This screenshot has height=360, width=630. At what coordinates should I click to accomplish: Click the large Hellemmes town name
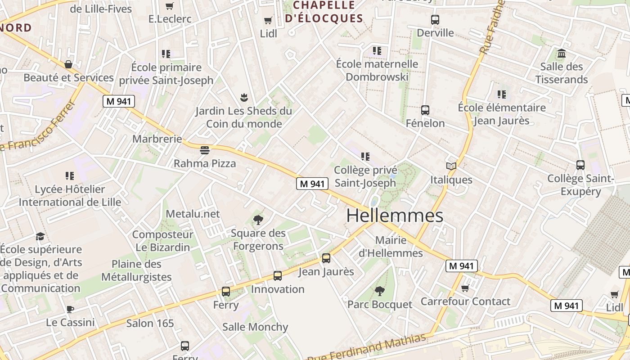[x=395, y=216]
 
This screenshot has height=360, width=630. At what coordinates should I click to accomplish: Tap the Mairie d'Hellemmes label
[x=391, y=247]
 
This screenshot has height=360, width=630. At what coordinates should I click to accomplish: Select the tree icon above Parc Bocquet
[x=380, y=291]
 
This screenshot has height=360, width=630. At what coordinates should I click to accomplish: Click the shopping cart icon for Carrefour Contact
[x=465, y=288]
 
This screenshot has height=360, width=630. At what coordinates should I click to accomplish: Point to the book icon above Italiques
[x=451, y=166]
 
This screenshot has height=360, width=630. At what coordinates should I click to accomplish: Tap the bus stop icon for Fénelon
[x=425, y=110]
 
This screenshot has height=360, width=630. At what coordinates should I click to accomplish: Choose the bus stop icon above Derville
[x=435, y=20]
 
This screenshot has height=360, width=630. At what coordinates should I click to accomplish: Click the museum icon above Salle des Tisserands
[x=561, y=54]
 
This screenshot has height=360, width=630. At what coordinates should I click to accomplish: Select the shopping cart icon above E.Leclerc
[x=170, y=6]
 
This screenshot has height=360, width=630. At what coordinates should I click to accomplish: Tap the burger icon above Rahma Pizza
[x=205, y=149]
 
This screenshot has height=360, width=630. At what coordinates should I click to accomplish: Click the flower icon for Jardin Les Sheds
[x=243, y=97]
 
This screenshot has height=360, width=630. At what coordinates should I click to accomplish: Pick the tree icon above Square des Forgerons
[x=258, y=220]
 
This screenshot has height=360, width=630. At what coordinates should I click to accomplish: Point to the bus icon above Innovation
[x=278, y=275]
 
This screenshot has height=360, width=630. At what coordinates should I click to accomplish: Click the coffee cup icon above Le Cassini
[x=70, y=309]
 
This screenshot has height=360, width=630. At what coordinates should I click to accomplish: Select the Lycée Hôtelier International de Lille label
[x=70, y=196]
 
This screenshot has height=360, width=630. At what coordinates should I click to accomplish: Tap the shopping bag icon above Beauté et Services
[x=68, y=64]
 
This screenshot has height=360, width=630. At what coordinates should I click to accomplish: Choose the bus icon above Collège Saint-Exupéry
[x=580, y=165]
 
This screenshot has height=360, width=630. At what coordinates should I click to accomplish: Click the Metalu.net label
[x=193, y=214]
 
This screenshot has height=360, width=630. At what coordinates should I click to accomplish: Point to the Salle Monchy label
[x=255, y=327]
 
